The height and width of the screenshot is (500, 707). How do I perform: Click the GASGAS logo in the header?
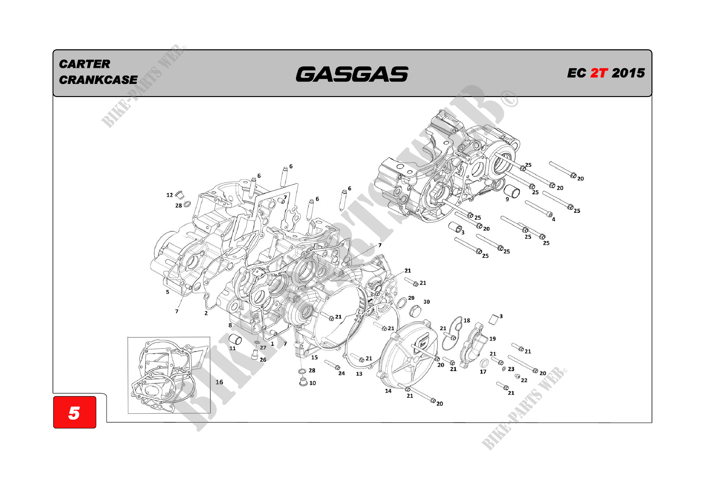click(x=352, y=74)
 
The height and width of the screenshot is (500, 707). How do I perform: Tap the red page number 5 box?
click(x=74, y=412)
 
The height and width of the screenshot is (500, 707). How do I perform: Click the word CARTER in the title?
click(x=84, y=64)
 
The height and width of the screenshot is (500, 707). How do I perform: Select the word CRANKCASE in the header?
click(x=98, y=80)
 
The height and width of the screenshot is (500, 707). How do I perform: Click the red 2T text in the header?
click(x=599, y=73)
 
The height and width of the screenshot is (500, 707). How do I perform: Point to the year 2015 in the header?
click(x=628, y=73)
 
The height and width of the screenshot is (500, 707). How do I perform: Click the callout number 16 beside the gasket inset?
click(x=219, y=382)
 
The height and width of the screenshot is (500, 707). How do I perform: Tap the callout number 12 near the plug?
click(x=169, y=195)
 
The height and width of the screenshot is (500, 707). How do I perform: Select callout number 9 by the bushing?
click(x=507, y=199)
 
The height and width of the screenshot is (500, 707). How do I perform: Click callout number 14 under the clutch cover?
click(x=388, y=391)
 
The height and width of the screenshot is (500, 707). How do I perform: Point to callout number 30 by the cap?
click(x=426, y=302)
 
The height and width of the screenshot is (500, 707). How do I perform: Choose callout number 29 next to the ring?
click(x=411, y=298)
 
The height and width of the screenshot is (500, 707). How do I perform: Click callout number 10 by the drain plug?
click(x=313, y=383)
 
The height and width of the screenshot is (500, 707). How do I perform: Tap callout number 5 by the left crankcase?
click(x=168, y=292)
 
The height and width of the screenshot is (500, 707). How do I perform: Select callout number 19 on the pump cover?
click(x=492, y=339)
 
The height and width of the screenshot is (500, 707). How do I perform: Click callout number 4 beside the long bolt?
click(x=553, y=219)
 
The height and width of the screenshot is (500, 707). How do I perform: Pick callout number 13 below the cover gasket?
click(x=359, y=374)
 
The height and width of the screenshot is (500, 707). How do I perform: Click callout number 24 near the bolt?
click(x=341, y=373)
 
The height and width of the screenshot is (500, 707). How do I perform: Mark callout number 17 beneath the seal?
click(x=483, y=372)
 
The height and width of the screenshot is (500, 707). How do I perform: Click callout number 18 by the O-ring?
click(x=467, y=320)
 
